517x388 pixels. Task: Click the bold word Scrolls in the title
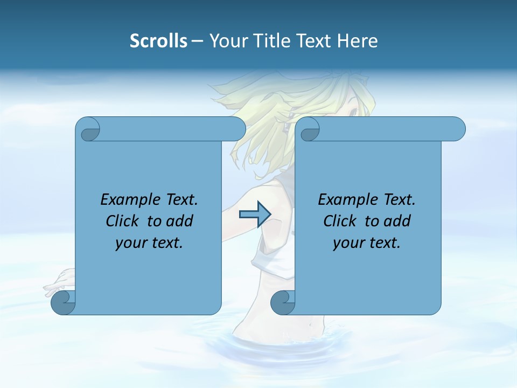click(159, 41)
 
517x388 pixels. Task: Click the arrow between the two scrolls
click(254, 214)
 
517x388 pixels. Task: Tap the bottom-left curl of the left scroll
click(62, 302)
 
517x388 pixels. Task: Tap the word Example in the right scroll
click(347, 200)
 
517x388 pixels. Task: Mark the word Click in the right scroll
click(340, 221)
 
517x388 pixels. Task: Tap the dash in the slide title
click(197, 41)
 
